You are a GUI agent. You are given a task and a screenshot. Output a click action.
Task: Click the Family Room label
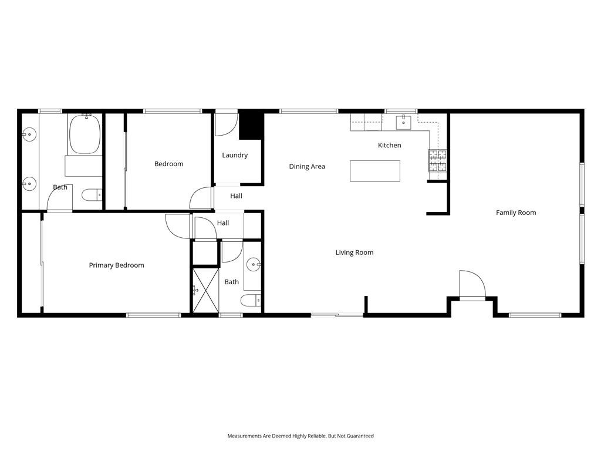pos(516,213)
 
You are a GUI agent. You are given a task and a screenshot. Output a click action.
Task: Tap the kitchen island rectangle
pos(375,171)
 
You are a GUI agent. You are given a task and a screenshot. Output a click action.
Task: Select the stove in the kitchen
pos(437,160)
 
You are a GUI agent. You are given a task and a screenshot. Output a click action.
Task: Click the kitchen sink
pos(403,122)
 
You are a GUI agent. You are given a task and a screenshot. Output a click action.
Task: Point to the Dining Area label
pos(307,167)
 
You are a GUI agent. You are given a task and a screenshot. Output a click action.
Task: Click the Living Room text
pos(354,253)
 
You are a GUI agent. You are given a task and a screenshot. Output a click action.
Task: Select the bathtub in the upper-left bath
pos(85,134)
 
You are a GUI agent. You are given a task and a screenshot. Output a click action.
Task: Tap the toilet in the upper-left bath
pos(91,194)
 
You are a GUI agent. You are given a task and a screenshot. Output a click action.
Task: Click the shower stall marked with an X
pos(205,289)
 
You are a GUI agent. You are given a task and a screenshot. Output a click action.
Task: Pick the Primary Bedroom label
pos(116,265)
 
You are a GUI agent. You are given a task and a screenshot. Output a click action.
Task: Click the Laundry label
pos(235,156)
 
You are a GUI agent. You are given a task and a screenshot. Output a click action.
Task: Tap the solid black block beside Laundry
pos(251,124)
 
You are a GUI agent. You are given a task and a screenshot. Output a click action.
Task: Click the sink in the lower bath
pos(254,264)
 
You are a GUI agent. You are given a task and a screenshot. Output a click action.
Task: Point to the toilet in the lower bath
pos(250,301)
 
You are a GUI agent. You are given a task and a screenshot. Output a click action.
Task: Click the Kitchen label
pos(389,145)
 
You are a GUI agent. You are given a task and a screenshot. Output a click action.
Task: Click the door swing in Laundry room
pos(225,124)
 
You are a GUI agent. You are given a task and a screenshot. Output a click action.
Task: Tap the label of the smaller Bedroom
pos(168,164)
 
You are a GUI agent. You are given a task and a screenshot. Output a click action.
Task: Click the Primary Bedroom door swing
pos(177,226)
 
